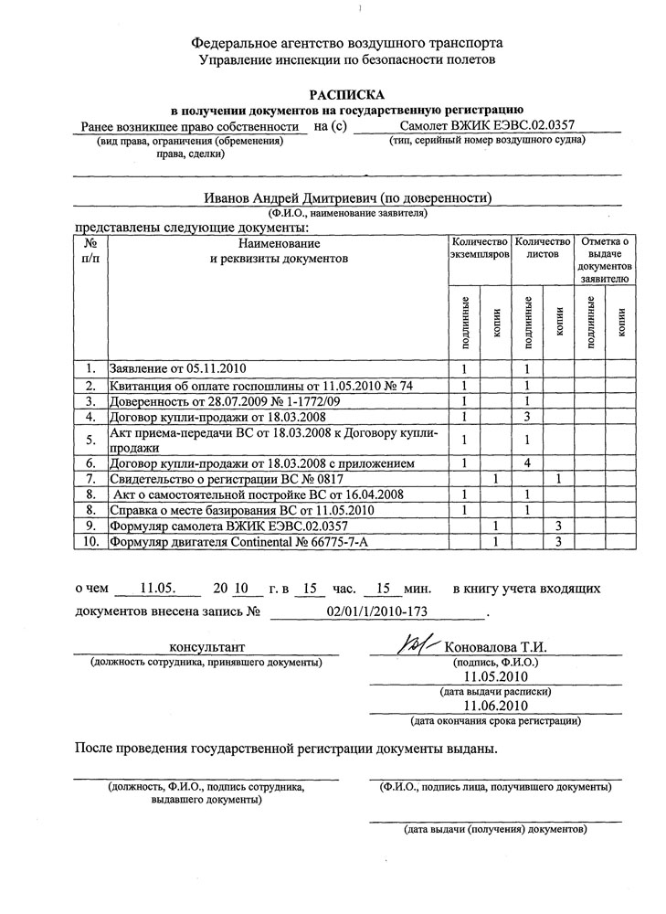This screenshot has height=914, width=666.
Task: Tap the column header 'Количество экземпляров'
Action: tap(480, 249)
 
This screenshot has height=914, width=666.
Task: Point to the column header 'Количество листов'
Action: tap(543, 249)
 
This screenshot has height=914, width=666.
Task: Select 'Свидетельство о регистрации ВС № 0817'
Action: tap(214, 479)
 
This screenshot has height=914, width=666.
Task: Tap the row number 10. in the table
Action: tap(90, 542)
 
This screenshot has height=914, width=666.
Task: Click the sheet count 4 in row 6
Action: tap(527, 463)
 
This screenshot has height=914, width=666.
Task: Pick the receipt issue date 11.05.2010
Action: tap(495, 677)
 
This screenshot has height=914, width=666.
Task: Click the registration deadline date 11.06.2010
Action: tap(495, 707)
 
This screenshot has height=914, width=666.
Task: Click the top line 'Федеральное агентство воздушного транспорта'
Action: tap(346, 43)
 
